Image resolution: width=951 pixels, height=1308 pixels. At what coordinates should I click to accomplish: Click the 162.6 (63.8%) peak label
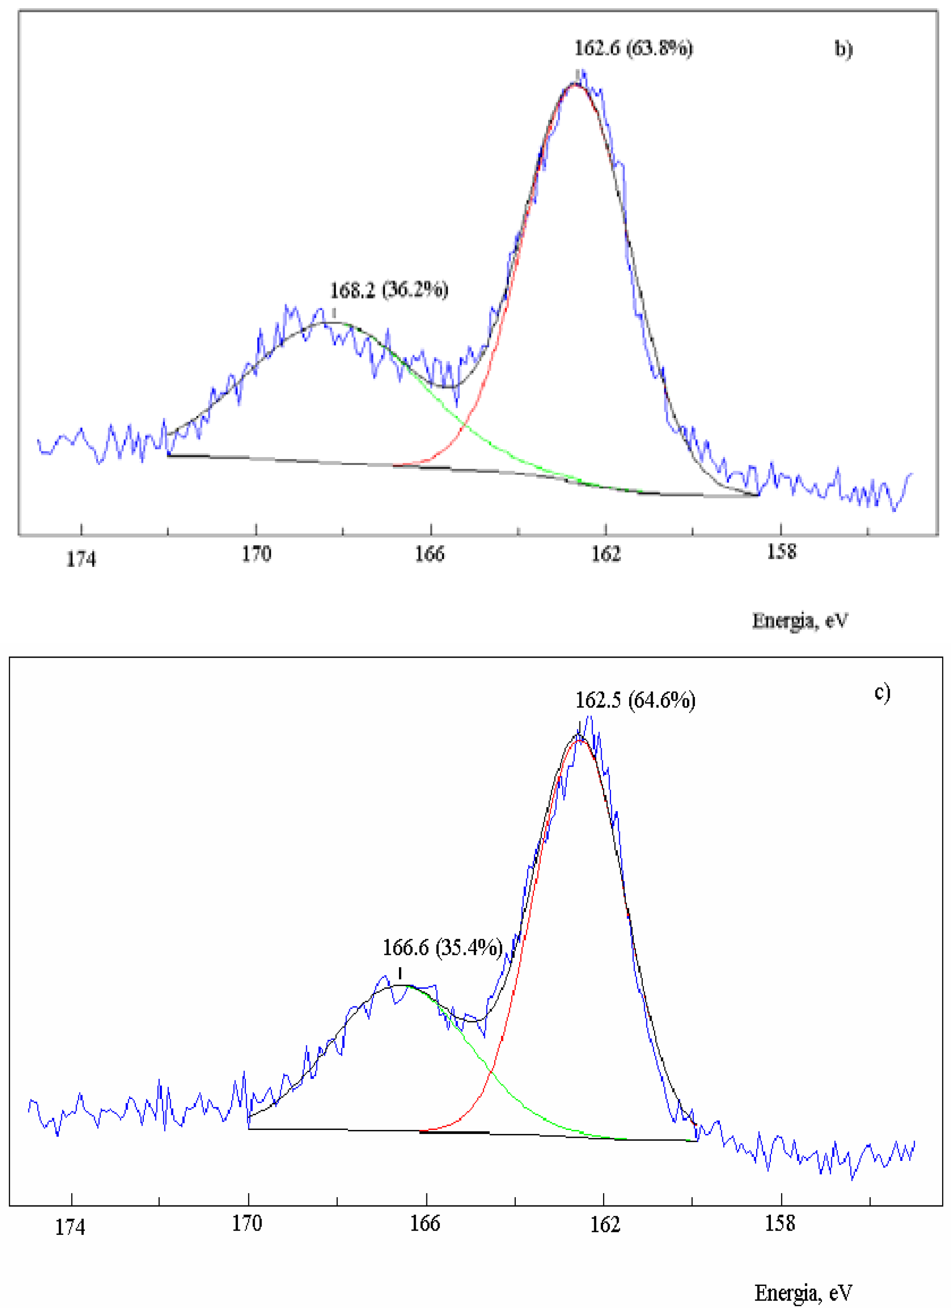pyautogui.click(x=633, y=48)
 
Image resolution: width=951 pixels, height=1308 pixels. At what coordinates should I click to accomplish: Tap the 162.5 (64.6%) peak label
pyautogui.click(x=635, y=700)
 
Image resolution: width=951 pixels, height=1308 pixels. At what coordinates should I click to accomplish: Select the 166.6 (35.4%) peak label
pyautogui.click(x=442, y=947)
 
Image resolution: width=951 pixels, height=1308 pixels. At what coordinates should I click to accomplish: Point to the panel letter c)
pyautogui.click(x=882, y=692)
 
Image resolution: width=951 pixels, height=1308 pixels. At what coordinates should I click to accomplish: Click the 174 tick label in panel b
pyautogui.click(x=81, y=559)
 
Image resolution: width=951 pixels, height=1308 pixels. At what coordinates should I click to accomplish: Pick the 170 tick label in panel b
pyautogui.click(x=256, y=554)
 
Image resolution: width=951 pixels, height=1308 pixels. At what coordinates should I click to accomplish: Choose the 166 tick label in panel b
pyautogui.click(x=430, y=554)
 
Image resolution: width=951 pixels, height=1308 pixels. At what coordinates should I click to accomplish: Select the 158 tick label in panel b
pyautogui.click(x=781, y=552)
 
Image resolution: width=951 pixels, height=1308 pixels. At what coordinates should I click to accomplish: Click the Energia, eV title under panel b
pyautogui.click(x=800, y=620)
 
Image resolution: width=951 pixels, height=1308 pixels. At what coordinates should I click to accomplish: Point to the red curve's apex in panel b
pyautogui.click(x=575, y=84)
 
